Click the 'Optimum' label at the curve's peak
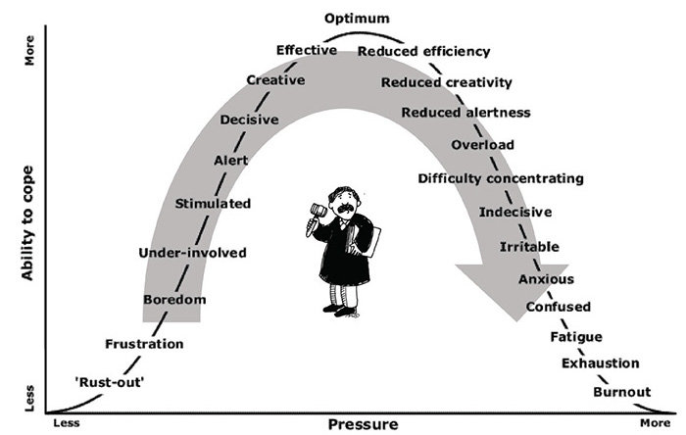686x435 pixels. coord(357,19)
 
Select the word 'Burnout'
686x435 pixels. coord(621,392)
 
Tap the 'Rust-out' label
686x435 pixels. coord(110,382)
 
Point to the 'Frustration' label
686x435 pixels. coord(144,344)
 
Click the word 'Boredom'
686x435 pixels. coord(174,300)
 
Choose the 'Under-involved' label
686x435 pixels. coord(192,253)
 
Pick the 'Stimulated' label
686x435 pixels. coord(213,203)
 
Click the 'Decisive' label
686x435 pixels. coord(249,120)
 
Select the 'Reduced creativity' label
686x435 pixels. coord(446,82)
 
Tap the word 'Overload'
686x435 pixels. coord(482,145)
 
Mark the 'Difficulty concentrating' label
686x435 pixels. coord(501,179)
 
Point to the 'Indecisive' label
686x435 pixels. coord(515,212)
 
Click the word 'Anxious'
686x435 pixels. coord(546,279)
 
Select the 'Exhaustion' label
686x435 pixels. coord(600,362)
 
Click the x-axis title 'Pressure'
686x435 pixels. coord(364,424)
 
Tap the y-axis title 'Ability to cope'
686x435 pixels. coord(27,223)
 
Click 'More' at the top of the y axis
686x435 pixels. coord(28,51)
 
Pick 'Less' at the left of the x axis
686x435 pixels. coord(67,423)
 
